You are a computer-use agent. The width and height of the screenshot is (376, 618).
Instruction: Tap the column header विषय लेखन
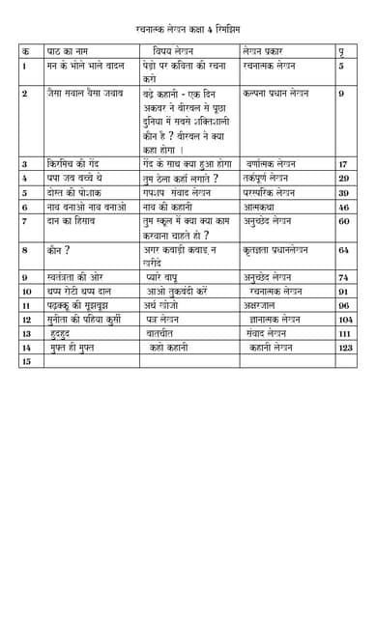coord(174,49)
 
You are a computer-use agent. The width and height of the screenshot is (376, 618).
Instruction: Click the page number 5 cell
coord(341,67)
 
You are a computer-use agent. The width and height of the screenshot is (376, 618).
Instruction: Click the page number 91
coord(343,291)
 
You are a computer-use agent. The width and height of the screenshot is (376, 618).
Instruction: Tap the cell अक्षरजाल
coord(264,305)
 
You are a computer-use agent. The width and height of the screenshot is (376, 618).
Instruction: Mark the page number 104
coord(345,319)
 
